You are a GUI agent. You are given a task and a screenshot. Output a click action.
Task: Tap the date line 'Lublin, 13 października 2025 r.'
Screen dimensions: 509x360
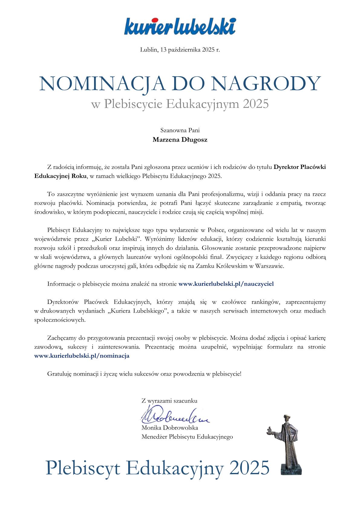pyautogui.click(x=180, y=50)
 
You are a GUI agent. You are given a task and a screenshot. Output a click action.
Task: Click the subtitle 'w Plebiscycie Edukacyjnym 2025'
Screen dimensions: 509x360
pyautogui.click(x=180, y=104)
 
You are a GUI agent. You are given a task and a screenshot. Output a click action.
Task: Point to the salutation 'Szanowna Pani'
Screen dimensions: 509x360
pyautogui.click(x=180, y=131)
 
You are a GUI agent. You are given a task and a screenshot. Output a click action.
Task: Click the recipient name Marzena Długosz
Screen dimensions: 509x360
pyautogui.click(x=180, y=140)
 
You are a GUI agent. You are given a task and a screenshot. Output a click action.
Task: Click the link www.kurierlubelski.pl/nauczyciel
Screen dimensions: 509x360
pyautogui.click(x=226, y=284)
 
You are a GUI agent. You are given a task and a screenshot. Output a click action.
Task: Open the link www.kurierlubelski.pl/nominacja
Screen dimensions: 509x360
pyautogui.click(x=82, y=356)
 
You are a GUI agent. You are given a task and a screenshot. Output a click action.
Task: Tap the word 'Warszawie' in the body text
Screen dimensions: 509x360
pyautogui.click(x=270, y=267)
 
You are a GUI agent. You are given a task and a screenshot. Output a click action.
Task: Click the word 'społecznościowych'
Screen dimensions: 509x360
pyautogui.click(x=60, y=320)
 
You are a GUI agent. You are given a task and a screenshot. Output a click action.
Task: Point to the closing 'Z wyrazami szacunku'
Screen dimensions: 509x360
pyautogui.click(x=169, y=401)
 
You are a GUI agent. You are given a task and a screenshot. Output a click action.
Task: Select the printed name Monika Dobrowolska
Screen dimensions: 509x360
pyautogui.click(x=170, y=428)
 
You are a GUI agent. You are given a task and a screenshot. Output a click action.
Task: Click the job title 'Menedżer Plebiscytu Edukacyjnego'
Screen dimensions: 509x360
pyautogui.click(x=187, y=437)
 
